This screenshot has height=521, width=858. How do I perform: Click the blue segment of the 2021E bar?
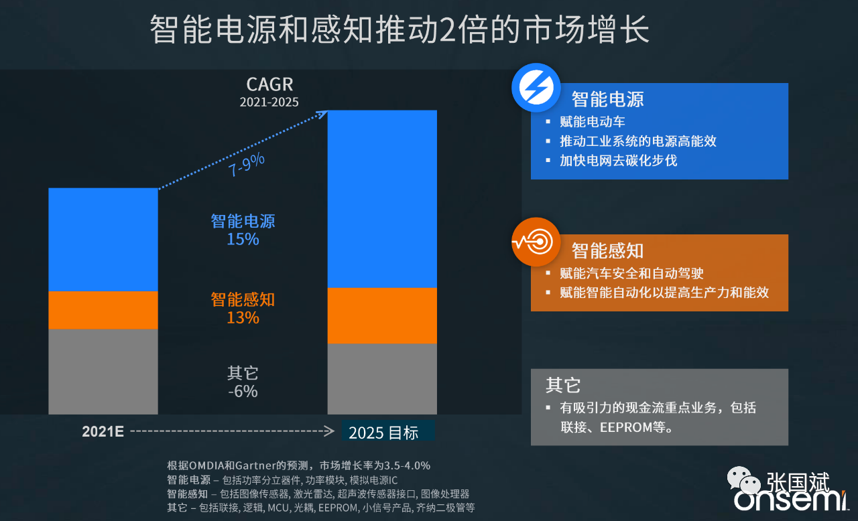point(103,239)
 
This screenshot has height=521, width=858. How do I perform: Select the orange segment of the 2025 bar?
point(382,315)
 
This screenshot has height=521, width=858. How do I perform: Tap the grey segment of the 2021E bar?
point(103,371)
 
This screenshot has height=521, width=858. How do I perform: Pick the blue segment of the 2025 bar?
point(382,199)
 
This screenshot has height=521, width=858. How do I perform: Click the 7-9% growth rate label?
point(247,164)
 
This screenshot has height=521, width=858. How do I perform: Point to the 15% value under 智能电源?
point(243,239)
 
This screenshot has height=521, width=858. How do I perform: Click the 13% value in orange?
point(243,317)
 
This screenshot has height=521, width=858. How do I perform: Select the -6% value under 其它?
point(243,391)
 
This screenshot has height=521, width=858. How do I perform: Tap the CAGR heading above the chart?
point(269,85)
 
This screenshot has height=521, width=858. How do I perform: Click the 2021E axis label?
point(103,432)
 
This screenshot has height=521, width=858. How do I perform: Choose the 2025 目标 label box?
point(387,432)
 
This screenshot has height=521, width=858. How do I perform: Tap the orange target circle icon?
point(536,242)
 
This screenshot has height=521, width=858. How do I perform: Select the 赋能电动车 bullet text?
point(593,122)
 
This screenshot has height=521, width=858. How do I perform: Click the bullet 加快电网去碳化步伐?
point(619,161)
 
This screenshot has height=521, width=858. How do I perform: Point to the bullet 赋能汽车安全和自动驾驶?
point(631,273)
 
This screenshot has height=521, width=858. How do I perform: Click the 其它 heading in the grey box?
point(563,385)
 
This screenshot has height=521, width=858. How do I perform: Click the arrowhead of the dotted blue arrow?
point(323,114)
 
